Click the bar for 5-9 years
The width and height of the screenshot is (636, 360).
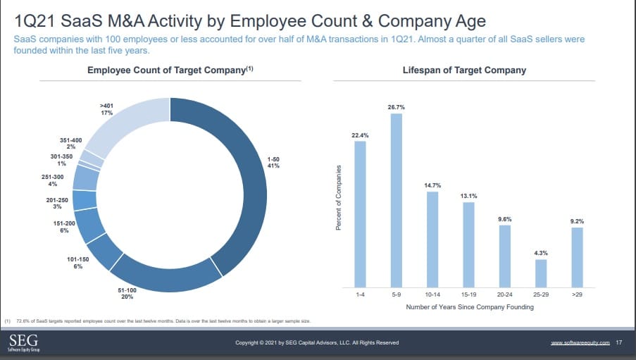(x=396, y=200)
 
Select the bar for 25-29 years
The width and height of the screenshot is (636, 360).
(x=541, y=273)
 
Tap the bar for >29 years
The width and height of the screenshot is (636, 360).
(x=577, y=257)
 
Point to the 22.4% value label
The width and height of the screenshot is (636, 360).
(x=360, y=134)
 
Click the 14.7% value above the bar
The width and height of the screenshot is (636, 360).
(x=432, y=185)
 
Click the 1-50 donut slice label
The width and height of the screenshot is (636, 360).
(x=273, y=163)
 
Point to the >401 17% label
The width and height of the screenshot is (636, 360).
(x=107, y=109)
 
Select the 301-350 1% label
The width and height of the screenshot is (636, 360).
(x=62, y=159)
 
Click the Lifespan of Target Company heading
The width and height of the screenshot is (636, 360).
(x=464, y=70)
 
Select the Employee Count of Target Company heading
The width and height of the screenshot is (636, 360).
(x=170, y=70)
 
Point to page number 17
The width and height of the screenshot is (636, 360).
(x=619, y=342)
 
